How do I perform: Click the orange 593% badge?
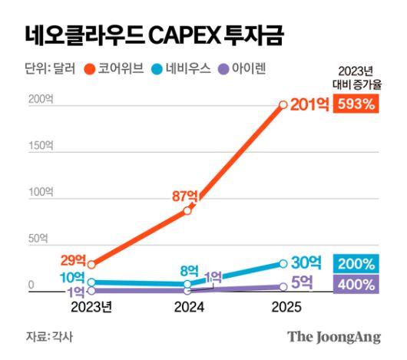(x=355, y=104)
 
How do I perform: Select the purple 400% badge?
(x=355, y=285)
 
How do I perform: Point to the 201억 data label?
(x=309, y=105)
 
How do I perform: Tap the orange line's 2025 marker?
(x=283, y=104)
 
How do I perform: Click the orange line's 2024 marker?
(x=187, y=210)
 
